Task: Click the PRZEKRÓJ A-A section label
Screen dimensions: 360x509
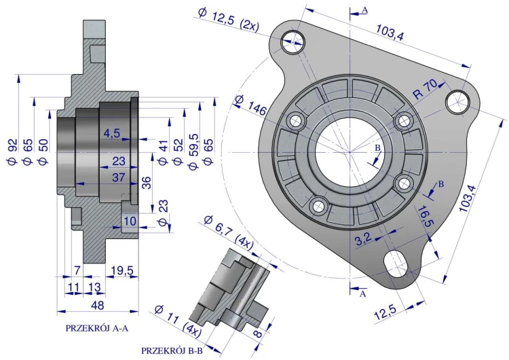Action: tap(96, 327)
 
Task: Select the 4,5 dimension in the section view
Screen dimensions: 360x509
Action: tap(112, 134)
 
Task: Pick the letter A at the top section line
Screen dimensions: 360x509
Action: tap(364, 10)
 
